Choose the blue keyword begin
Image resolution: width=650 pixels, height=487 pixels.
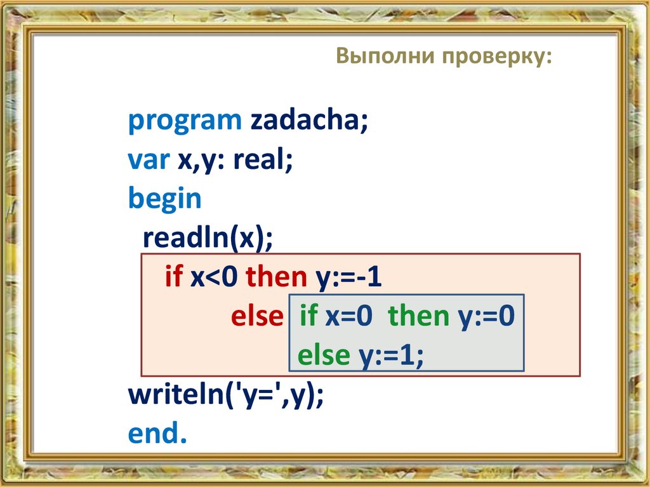(x=164, y=200)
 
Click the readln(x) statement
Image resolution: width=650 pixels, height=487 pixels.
(x=208, y=239)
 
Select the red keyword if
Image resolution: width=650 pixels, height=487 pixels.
(x=173, y=277)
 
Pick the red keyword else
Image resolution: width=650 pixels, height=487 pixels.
(x=256, y=316)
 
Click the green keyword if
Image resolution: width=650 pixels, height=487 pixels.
(x=308, y=316)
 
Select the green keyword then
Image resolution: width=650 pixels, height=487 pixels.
(x=418, y=316)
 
